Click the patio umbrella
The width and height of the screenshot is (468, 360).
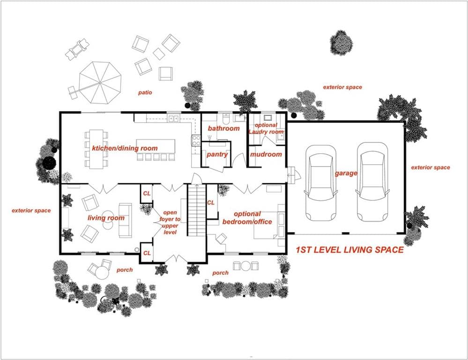coord(100,83)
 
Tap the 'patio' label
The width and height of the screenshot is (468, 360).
coord(145,93)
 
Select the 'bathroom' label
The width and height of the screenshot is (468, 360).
coord(224,128)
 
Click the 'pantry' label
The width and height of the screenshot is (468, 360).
coord(217,155)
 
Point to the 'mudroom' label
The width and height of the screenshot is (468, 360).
coord(266,155)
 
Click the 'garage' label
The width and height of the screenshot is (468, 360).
coord(346,173)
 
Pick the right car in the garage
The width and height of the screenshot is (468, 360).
coord(372,182)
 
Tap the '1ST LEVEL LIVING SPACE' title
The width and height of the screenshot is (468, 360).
coord(350,250)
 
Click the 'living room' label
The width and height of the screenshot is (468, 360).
coord(106,218)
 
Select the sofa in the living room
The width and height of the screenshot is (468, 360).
coord(126,220)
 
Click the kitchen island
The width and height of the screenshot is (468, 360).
coord(156,146)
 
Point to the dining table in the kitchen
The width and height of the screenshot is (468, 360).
coord(97,149)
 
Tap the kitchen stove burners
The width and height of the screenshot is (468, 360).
coord(196,141)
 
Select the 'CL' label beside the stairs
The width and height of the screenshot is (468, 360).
coord(211,202)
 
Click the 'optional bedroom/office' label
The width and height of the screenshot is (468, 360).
coord(247,218)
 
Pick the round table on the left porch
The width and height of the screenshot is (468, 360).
coord(102,272)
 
